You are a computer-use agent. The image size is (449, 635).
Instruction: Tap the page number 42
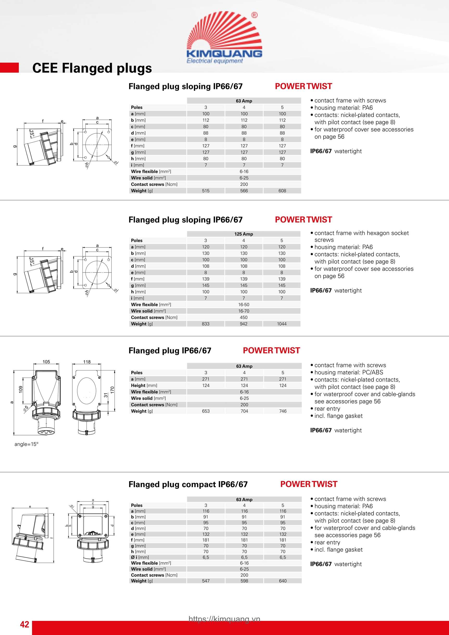tap(24, 624)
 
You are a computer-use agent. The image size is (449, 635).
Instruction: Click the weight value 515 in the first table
tap(206, 191)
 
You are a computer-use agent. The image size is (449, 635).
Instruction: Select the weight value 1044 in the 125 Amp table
tap(282, 324)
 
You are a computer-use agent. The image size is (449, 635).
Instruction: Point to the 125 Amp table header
tap(243, 234)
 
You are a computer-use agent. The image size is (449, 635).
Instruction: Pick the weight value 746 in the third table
tap(282, 411)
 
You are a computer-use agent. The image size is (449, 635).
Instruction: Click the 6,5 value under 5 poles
tap(282, 557)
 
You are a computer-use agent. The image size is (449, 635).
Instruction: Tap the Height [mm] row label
tap(144, 385)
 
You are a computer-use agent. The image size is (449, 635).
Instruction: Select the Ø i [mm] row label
tap(140, 557)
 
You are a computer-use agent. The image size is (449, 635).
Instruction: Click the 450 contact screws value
tap(243, 317)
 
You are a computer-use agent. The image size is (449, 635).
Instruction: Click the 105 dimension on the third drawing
tap(46, 362)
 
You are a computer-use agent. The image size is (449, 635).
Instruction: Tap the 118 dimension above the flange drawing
tap(87, 362)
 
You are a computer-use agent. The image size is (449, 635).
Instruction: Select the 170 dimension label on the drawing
tap(112, 390)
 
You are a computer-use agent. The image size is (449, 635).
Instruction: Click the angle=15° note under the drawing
tap(26, 444)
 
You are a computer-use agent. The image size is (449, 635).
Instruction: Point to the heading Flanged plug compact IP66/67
tap(188, 484)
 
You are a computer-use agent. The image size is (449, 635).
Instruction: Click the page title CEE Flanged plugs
tap(92, 68)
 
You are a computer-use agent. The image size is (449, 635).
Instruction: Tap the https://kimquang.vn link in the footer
tap(224, 619)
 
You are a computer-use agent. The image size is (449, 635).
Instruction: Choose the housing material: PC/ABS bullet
tap(349, 372)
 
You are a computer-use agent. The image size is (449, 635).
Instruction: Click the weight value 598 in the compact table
tap(244, 581)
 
